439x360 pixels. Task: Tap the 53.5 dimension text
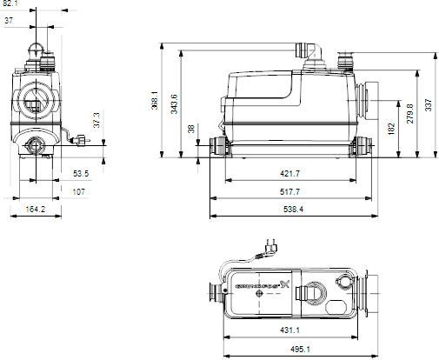80,174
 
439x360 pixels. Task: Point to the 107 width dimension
77,190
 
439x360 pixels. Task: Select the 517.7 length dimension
290,190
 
